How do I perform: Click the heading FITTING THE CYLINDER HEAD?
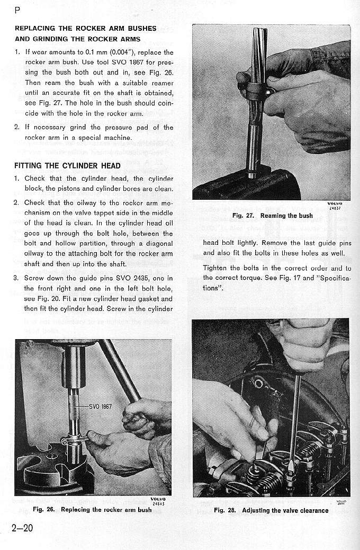67,165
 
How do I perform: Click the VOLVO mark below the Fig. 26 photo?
158,499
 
